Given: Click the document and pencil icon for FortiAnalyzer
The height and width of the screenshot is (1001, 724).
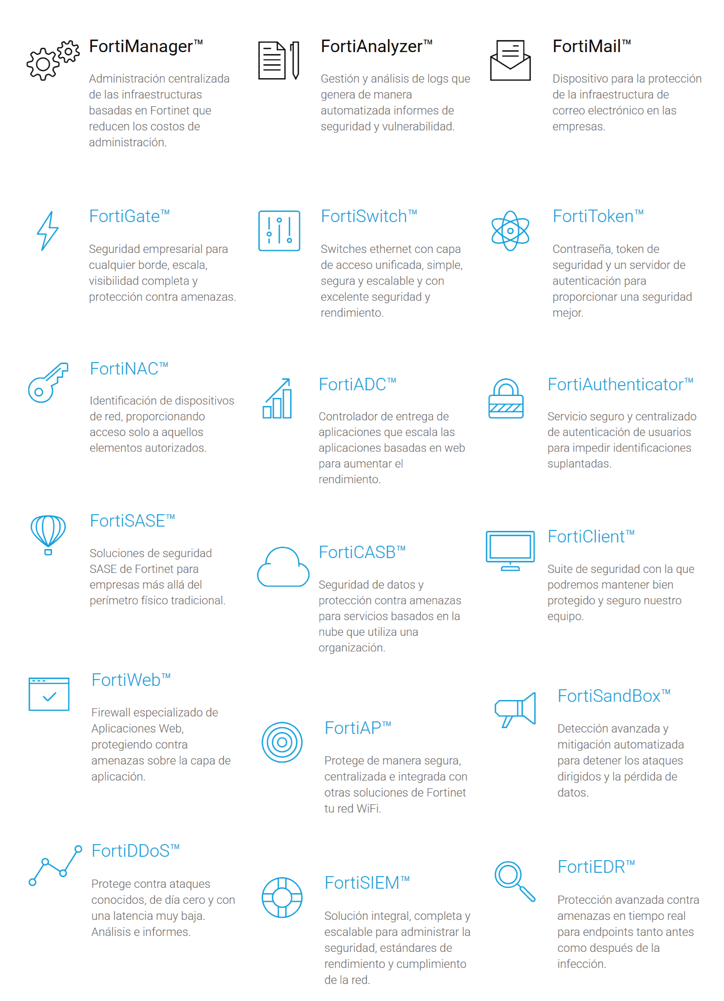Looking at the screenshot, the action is [x=279, y=60].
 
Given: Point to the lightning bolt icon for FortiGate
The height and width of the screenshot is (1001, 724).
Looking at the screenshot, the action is [x=48, y=231].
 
